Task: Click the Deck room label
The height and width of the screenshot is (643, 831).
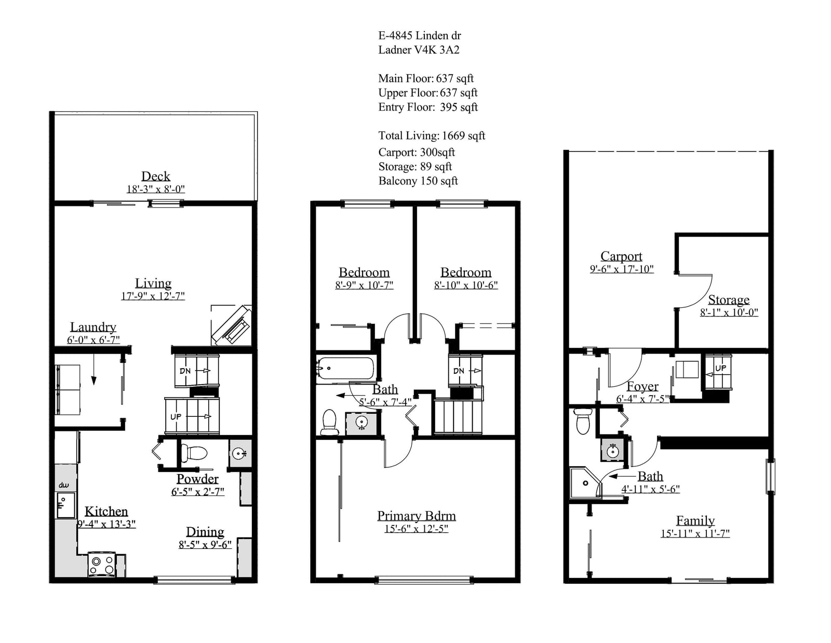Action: (156, 176)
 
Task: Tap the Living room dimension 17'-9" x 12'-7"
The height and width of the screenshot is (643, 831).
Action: (153, 296)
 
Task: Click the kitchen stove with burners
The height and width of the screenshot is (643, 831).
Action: (102, 564)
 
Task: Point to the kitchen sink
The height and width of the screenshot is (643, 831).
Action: (66, 505)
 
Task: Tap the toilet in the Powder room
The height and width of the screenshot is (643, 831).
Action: (194, 452)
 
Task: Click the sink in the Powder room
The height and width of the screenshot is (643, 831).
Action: (240, 454)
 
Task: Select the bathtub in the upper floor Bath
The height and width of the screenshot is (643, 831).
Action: (345, 368)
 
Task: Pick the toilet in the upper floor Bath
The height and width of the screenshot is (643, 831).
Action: (329, 422)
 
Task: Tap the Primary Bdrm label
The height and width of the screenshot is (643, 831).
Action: (417, 516)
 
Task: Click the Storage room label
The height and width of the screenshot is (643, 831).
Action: (729, 300)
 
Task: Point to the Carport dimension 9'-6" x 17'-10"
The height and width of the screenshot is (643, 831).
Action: (622, 269)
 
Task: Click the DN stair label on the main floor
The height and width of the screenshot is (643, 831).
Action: (185, 371)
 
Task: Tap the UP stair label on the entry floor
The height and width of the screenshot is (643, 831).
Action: (720, 368)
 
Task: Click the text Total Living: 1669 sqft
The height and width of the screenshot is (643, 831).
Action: (432, 136)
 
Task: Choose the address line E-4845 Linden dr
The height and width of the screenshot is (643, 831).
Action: (420, 35)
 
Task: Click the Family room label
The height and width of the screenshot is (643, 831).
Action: (695, 520)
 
